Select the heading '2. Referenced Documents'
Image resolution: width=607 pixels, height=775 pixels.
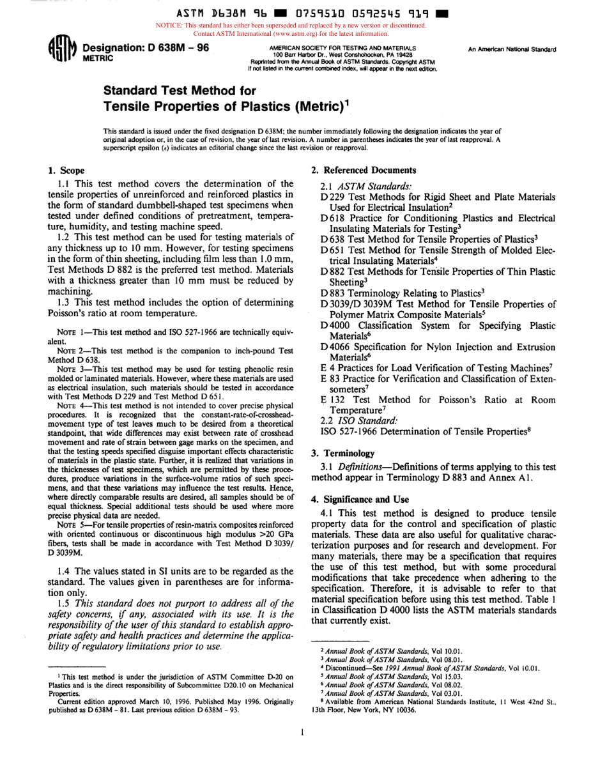point(363,170)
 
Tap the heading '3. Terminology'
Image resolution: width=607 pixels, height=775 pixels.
point(342,453)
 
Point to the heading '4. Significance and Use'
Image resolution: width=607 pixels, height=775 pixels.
point(360,499)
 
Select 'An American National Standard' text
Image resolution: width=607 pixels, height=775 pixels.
point(512,49)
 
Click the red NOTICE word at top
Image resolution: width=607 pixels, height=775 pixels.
point(168,26)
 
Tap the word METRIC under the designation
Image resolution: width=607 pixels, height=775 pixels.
point(98,58)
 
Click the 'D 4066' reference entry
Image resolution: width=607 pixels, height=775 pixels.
point(335,347)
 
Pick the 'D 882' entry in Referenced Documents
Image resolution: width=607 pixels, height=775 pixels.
point(334,271)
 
